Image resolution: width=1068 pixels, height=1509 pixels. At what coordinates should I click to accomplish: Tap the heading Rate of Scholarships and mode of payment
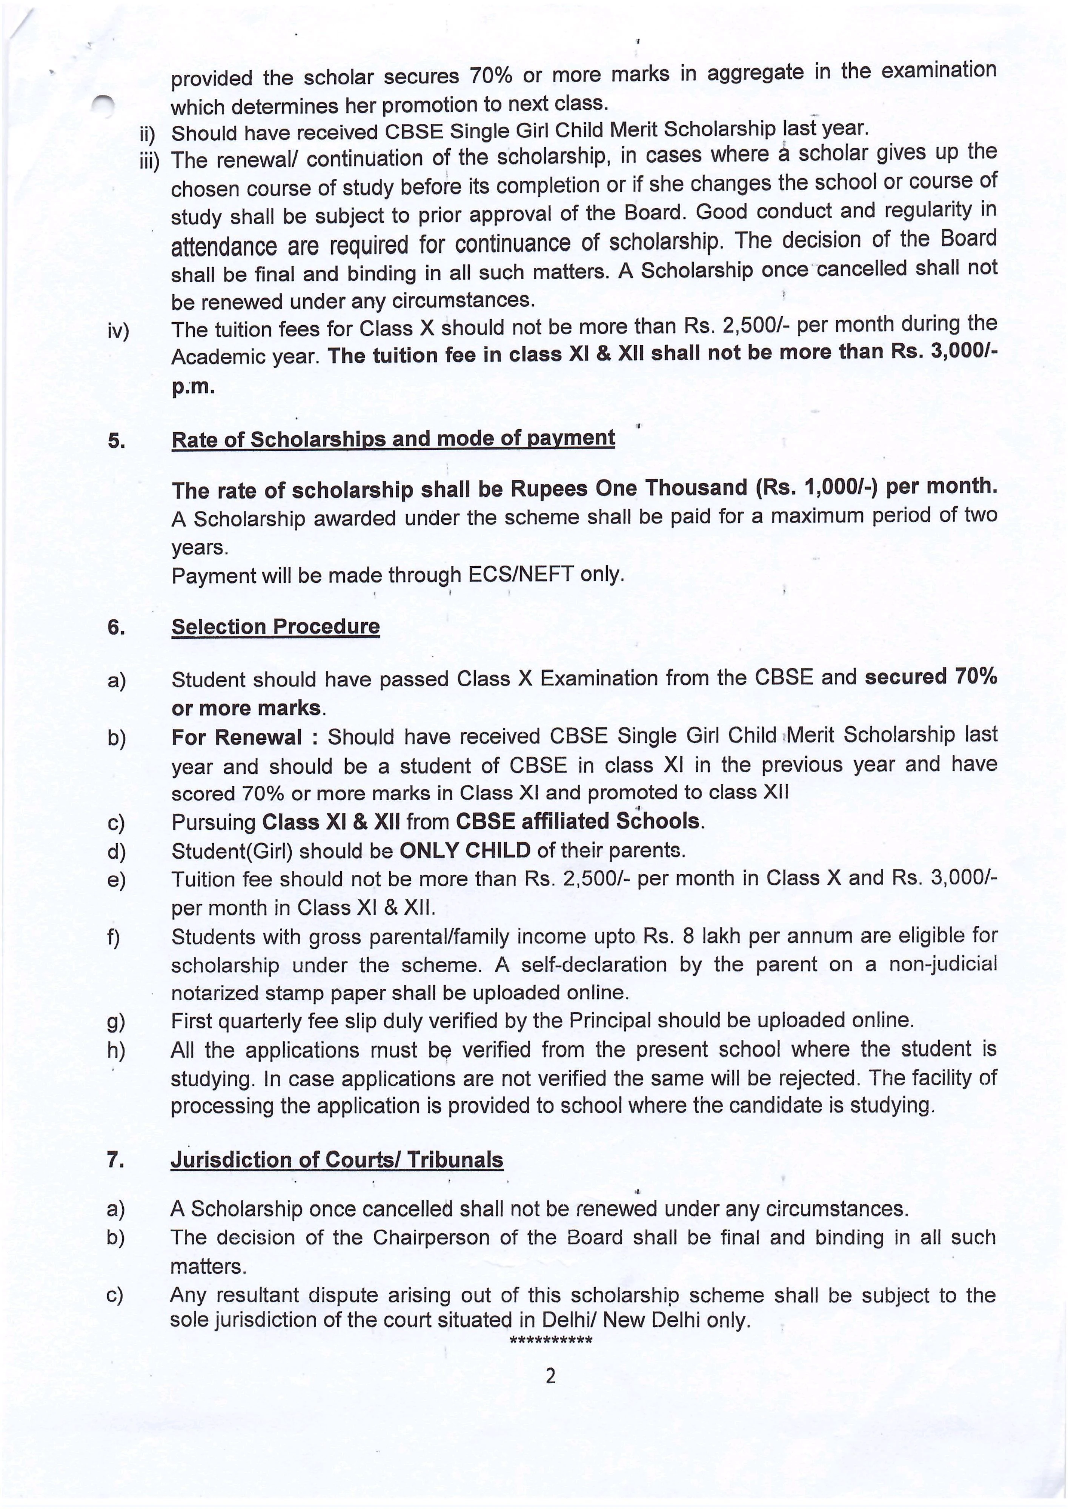tap(393, 439)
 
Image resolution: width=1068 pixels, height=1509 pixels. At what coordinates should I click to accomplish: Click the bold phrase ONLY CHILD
tap(464, 850)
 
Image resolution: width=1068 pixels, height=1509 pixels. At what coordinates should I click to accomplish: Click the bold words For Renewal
tap(237, 737)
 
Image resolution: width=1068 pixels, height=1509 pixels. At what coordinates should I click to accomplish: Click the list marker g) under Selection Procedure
tap(116, 1022)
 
